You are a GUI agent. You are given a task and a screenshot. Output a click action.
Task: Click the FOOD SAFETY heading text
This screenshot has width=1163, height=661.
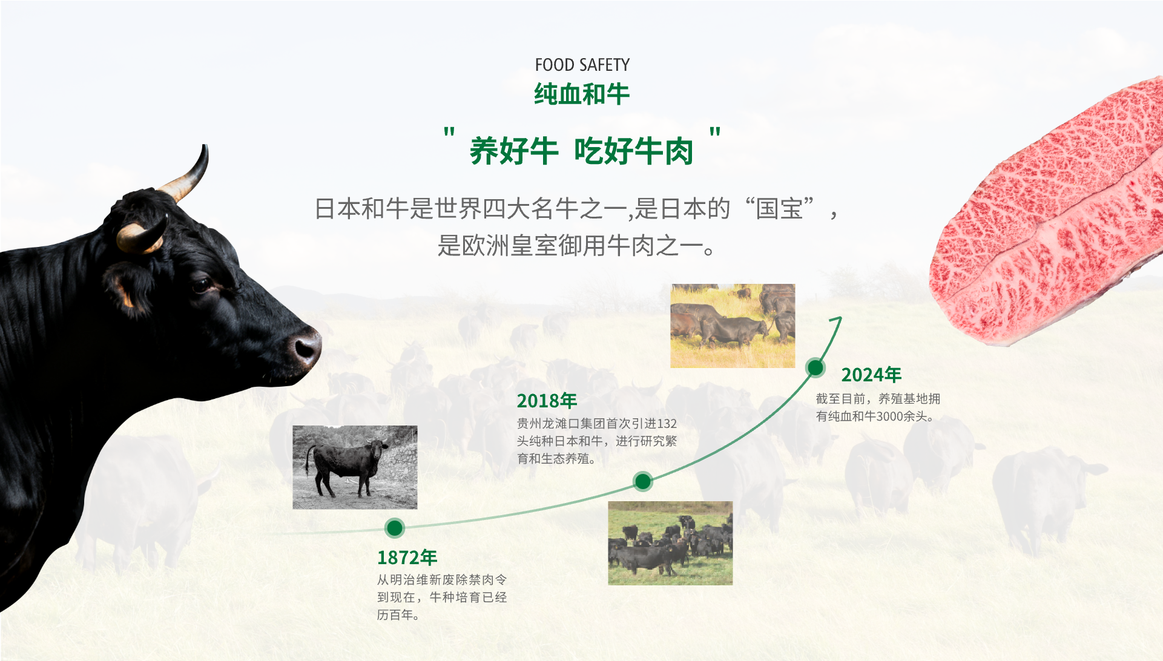click(x=582, y=65)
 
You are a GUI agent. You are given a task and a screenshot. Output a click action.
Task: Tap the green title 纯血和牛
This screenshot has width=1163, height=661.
click(x=582, y=94)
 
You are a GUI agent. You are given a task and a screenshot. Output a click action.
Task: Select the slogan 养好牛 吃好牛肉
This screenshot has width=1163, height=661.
click(x=581, y=151)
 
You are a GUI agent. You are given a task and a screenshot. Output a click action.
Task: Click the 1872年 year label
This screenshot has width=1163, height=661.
click(x=407, y=557)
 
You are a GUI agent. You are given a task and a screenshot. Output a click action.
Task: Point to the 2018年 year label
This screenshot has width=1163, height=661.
click(x=547, y=401)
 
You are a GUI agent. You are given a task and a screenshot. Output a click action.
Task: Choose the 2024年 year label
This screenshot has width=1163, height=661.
click(x=871, y=375)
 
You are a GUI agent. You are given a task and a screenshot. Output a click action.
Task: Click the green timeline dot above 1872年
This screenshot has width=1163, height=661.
click(x=395, y=528)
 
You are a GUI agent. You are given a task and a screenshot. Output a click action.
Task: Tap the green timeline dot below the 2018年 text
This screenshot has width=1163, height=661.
click(x=642, y=481)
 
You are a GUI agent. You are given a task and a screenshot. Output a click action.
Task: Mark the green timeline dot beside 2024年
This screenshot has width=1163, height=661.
click(x=815, y=367)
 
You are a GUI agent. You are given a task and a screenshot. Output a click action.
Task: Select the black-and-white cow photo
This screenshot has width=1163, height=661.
click(x=355, y=467)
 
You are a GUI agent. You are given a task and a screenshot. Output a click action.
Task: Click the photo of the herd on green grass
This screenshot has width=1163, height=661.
click(x=670, y=543)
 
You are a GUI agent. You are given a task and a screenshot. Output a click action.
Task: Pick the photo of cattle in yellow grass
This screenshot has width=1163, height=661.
click(x=733, y=326)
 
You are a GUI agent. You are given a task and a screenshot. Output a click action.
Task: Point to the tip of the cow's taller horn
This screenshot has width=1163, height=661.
click(x=205, y=146)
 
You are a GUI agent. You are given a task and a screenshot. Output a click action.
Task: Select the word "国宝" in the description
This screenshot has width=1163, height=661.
click(x=779, y=209)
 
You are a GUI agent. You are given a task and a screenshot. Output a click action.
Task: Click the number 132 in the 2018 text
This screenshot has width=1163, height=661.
click(x=667, y=424)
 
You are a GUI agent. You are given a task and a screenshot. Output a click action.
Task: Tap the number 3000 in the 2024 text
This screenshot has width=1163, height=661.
click(x=889, y=416)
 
